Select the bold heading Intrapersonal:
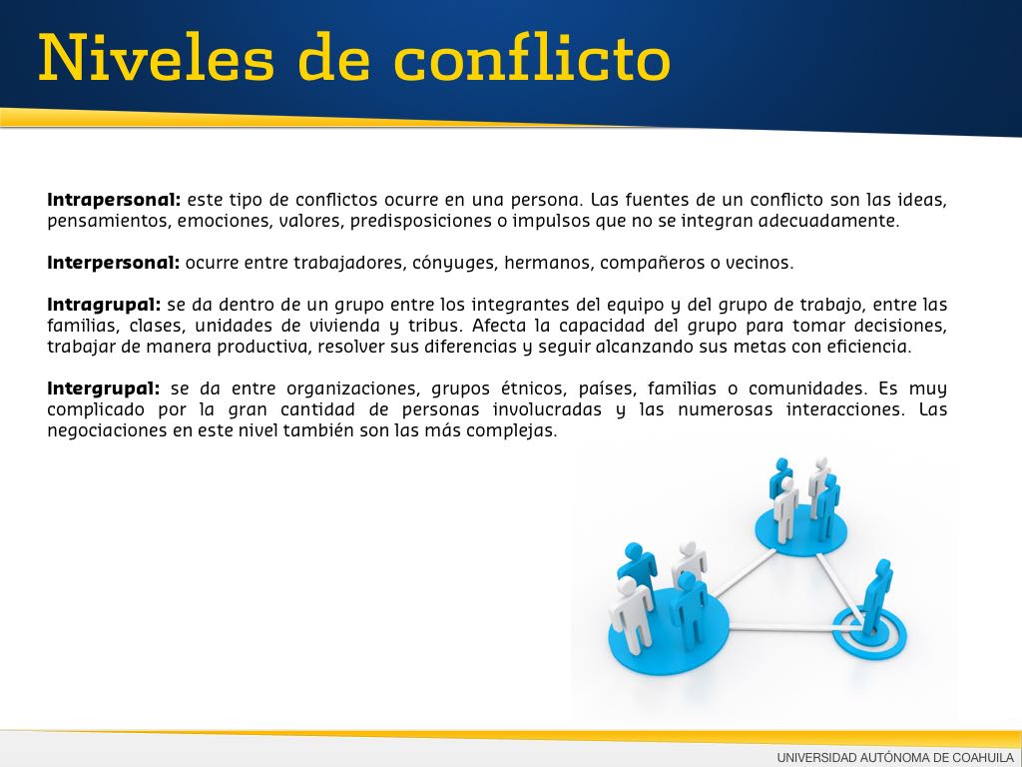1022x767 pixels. coord(114,200)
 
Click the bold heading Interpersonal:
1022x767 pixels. coord(113,263)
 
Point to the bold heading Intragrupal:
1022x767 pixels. coord(104,306)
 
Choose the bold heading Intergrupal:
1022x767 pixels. coord(103,388)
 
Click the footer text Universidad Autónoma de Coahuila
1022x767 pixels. coord(895,757)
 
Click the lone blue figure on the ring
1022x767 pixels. coord(876,597)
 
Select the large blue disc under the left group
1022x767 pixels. coord(669,627)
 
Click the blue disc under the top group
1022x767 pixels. coord(801,530)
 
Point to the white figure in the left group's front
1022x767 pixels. coord(631,614)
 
